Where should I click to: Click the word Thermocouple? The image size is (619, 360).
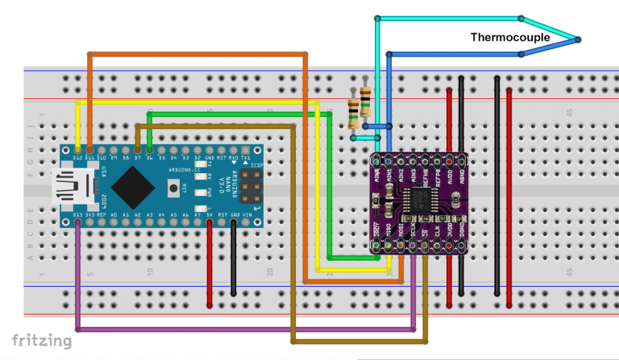(510, 38)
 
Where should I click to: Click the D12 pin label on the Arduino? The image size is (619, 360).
(77, 159)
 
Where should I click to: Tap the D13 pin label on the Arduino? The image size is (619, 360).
(77, 214)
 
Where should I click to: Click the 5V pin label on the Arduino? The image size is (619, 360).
(210, 214)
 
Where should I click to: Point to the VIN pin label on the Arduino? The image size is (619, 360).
(246, 214)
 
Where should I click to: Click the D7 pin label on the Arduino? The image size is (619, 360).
(138, 159)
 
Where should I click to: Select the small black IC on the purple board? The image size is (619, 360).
(419, 201)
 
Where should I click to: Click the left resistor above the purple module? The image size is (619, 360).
(355, 114)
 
